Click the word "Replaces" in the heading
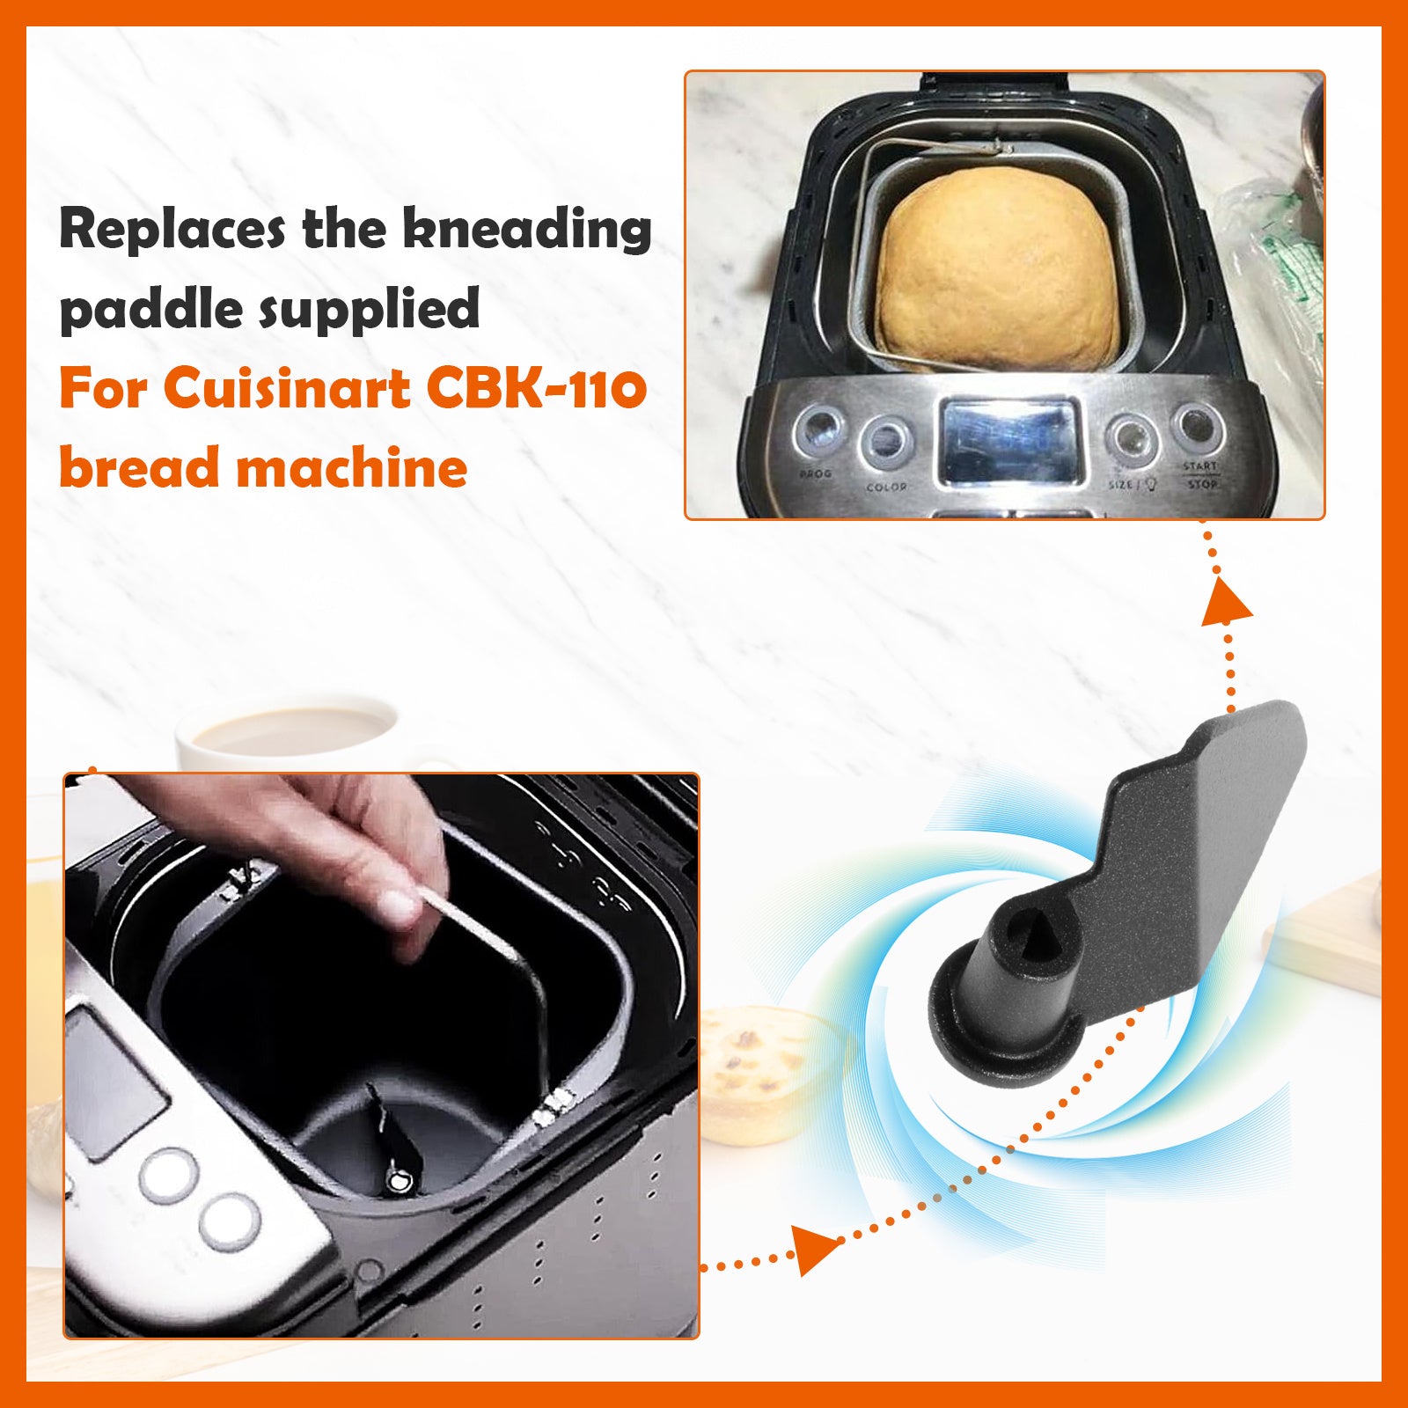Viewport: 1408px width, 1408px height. (172, 230)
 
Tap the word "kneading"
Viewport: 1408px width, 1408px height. (527, 230)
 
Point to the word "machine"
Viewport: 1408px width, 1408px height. (352, 467)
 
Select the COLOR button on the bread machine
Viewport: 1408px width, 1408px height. (885, 440)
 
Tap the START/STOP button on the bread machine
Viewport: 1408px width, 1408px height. (1197, 428)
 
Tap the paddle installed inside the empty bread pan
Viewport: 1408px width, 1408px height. (392, 1144)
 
